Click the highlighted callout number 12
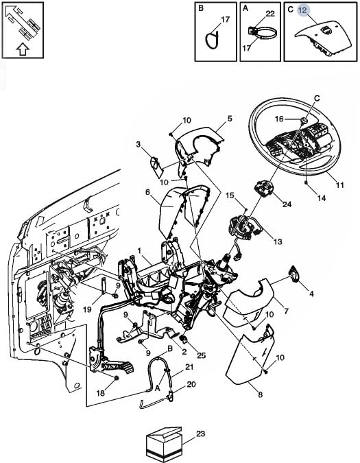[302, 10]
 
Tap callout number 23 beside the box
[200, 434]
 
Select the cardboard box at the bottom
[164, 444]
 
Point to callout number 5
[230, 119]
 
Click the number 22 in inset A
[270, 14]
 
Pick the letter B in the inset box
[201, 8]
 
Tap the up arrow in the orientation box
[23, 49]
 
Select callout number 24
[287, 204]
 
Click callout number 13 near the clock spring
[278, 241]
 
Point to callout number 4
[311, 293]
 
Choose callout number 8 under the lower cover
[261, 394]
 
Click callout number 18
[101, 393]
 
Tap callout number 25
[201, 355]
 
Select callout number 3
[138, 144]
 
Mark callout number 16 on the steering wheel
[279, 119]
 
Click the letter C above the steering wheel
[317, 98]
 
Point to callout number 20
[191, 384]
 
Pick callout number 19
[87, 309]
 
